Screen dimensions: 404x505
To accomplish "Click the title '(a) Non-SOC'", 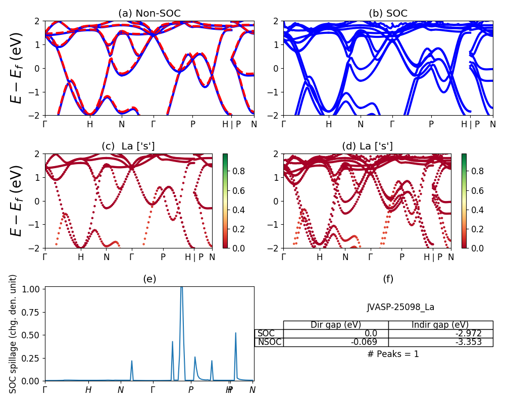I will (x=149, y=14).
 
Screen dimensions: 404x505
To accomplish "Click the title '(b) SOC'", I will (x=388, y=14).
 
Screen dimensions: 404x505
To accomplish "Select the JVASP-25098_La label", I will (x=400, y=307).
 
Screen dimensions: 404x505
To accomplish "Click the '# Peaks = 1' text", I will (x=393, y=354).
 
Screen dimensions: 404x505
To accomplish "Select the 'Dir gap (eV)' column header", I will (x=336, y=325).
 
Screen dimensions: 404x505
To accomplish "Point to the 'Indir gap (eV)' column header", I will (x=440, y=325).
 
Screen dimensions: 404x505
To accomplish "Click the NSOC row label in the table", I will (x=269, y=342).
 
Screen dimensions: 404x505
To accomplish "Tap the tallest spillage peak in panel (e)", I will (x=181, y=288).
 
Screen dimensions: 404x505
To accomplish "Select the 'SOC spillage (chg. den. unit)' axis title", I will (x=14, y=334).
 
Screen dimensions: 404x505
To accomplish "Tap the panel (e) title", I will (x=149, y=279).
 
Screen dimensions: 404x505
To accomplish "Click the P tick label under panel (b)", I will (x=431, y=125).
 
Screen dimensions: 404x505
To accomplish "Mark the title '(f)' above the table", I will (x=388, y=279).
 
